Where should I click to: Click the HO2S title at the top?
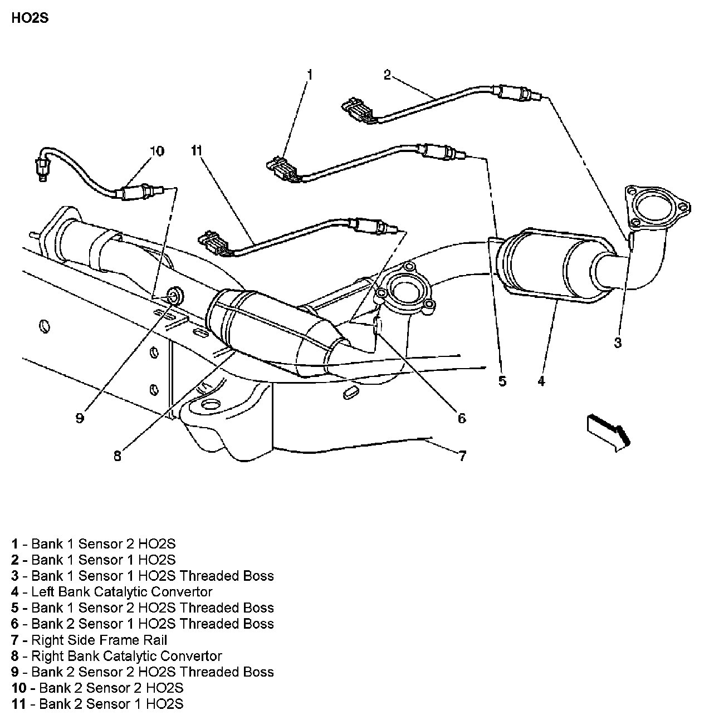(x=30, y=18)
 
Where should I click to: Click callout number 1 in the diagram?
(x=309, y=75)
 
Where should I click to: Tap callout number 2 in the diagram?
(x=388, y=75)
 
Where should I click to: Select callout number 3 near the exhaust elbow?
(x=617, y=343)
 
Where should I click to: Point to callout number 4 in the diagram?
(x=541, y=381)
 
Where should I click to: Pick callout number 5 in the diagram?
(x=502, y=381)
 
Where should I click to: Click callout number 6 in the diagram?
(x=461, y=418)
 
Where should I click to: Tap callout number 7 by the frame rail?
(x=462, y=456)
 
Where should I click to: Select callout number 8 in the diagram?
(x=117, y=456)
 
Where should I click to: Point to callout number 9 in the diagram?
(x=80, y=418)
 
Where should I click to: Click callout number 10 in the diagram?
(x=157, y=151)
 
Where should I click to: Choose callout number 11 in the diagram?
(x=196, y=151)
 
